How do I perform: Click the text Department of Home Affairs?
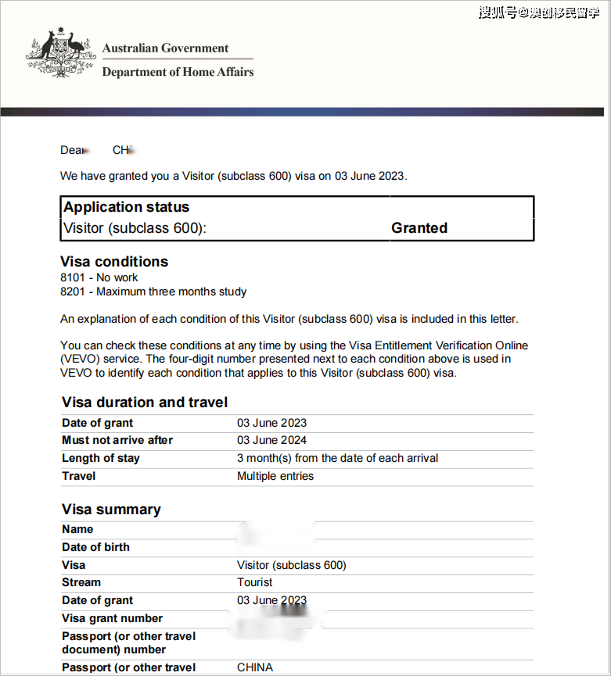coord(178,72)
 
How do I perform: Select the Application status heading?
coord(127,207)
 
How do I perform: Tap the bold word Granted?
coord(419,228)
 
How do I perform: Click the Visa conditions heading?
coord(114,262)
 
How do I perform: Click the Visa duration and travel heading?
coord(145,402)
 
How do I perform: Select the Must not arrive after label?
coord(117,440)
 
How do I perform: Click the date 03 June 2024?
coord(272,440)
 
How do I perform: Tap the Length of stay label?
coord(100,458)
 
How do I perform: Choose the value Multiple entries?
coord(275,476)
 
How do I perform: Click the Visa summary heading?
coord(111,510)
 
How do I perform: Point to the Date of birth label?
coord(95,547)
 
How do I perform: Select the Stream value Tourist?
coord(255,582)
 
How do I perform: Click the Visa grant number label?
coord(113,618)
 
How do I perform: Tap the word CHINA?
coord(255,667)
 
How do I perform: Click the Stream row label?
coord(81,582)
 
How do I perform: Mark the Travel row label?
coord(79,476)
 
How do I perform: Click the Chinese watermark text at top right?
coord(539,13)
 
